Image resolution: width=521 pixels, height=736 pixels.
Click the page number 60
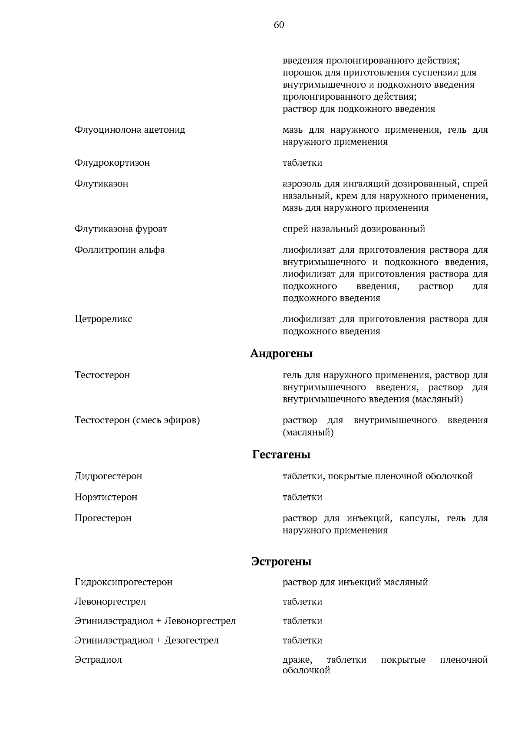coord(279,25)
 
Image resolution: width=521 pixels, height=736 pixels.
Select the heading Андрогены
coord(281,353)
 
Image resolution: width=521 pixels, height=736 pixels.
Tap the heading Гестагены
coord(281,455)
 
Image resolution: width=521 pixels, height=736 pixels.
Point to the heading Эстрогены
coord(281,562)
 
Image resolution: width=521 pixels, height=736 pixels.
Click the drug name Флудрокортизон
coord(112,163)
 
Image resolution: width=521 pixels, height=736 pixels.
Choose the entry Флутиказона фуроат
coord(121,229)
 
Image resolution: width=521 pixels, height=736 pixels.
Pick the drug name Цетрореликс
coord(103,319)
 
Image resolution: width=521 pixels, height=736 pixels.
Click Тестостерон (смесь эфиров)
coord(137,420)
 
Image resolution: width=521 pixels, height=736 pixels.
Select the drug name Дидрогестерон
coord(108,476)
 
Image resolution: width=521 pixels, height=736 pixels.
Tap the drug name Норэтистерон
coord(106,497)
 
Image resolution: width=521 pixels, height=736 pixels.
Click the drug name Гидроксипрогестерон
coord(123,582)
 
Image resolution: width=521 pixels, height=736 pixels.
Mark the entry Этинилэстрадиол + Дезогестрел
coord(147,640)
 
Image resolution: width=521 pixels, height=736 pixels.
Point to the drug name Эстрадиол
coord(98,660)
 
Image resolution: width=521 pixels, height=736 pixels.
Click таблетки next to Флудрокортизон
coord(302,163)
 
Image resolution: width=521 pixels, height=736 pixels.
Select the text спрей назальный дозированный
coord(354,229)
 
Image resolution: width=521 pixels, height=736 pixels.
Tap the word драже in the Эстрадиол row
coord(297,660)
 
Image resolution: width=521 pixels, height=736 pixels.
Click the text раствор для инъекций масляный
coord(355,582)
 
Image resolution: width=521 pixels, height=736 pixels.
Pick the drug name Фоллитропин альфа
coord(119,250)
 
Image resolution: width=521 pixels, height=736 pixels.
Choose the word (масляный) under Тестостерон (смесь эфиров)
coord(308,432)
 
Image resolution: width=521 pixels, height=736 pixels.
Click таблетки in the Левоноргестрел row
coord(302,602)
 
